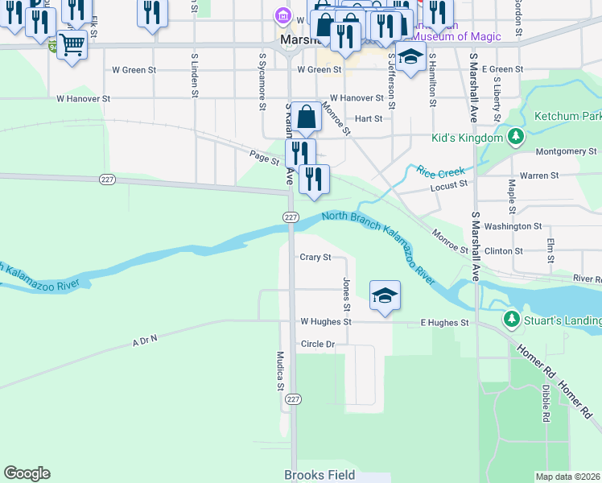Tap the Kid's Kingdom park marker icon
tap(515, 137)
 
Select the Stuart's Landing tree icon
tap(511, 320)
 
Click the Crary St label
tap(315, 258)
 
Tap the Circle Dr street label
tap(317, 344)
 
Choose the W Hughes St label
tap(325, 322)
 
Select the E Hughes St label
tap(444, 323)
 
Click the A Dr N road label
tap(145, 341)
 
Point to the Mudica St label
tap(281, 371)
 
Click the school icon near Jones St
tap(385, 295)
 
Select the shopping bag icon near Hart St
tap(307, 118)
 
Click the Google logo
tap(27, 473)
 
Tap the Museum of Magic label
tap(456, 36)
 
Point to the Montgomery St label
tap(566, 151)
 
